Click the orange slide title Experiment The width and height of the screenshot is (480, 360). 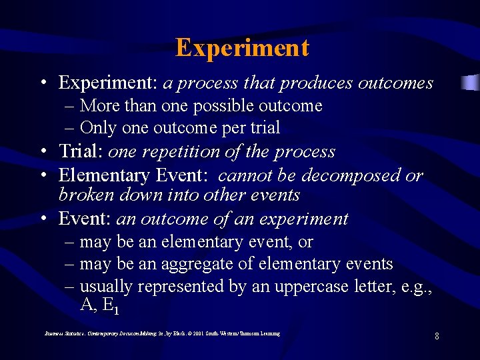(242, 48)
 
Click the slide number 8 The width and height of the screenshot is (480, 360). (437, 336)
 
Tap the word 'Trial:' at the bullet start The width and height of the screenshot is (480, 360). (81, 151)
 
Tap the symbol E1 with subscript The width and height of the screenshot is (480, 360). (111, 306)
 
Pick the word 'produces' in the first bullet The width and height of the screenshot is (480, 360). (316, 83)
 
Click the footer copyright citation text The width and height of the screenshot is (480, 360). (162, 333)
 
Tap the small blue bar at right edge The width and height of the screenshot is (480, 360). (471, 83)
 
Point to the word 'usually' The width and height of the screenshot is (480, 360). (106, 287)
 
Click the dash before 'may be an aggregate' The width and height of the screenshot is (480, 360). (69, 264)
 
